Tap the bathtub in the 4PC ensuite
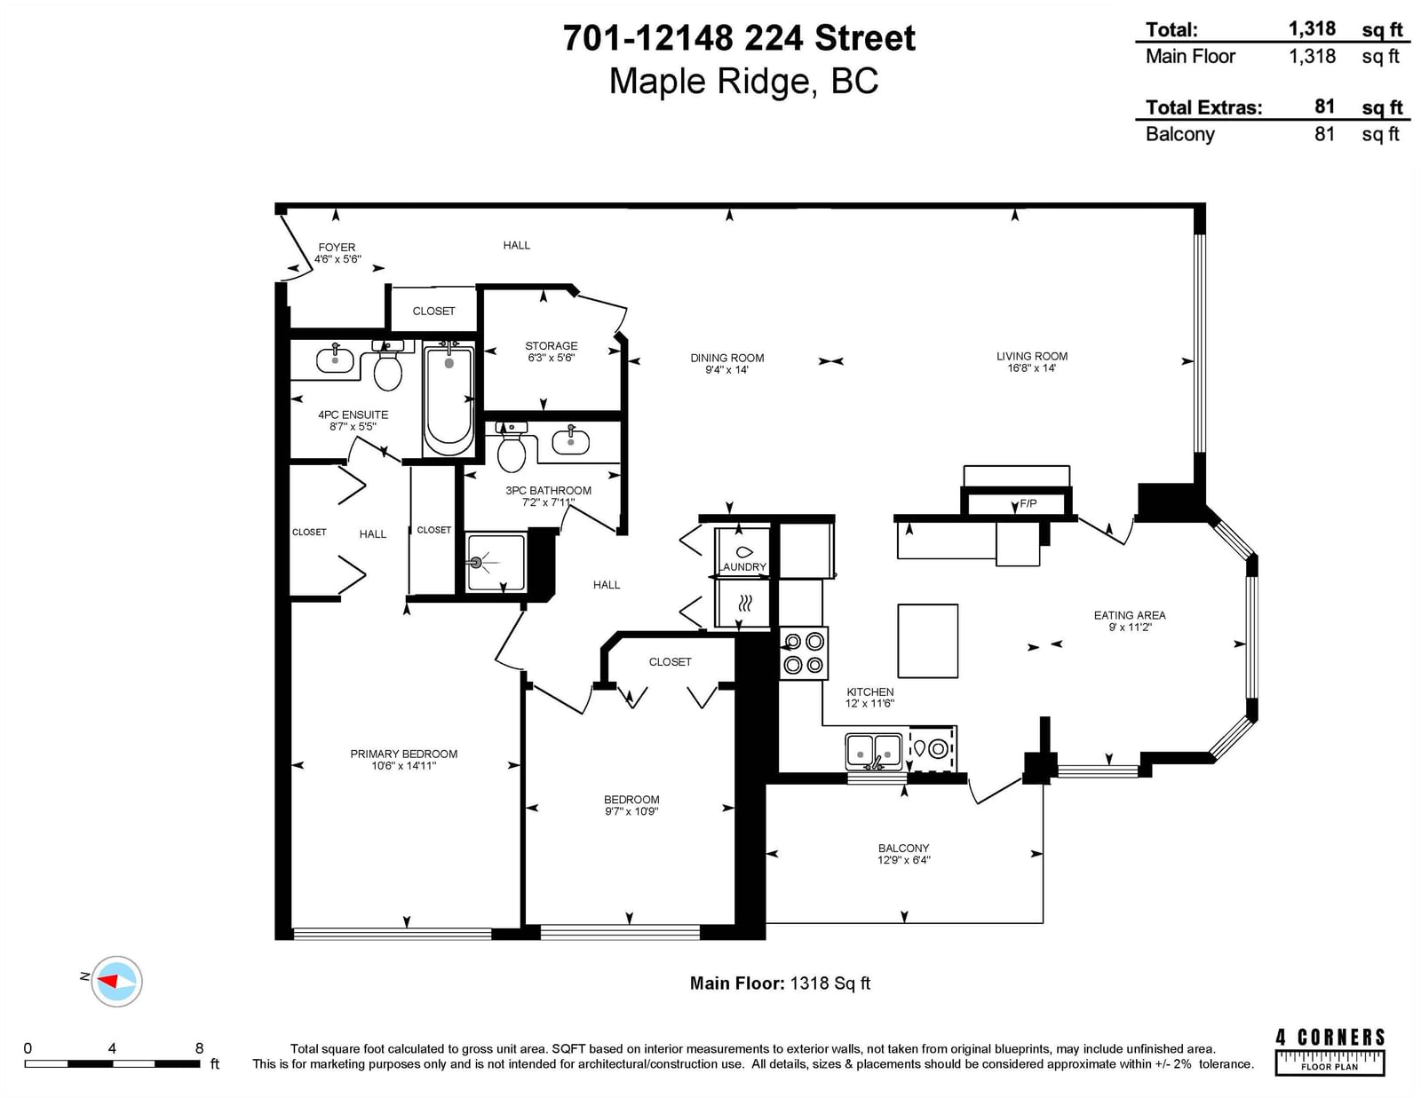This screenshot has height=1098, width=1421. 449,400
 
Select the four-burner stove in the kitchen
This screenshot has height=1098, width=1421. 804,653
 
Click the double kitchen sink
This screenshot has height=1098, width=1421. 874,752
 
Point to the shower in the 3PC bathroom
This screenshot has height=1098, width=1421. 496,562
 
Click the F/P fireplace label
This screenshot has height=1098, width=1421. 1028,504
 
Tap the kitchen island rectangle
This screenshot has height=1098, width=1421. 927,641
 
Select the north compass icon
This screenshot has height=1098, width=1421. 116,981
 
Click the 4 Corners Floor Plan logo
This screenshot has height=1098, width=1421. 1330,1052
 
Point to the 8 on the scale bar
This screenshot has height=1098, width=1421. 200,1048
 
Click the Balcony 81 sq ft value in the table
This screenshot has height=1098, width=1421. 1324,134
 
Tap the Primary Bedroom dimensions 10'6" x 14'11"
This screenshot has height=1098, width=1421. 403,765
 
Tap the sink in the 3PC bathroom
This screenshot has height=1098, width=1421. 571,440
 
